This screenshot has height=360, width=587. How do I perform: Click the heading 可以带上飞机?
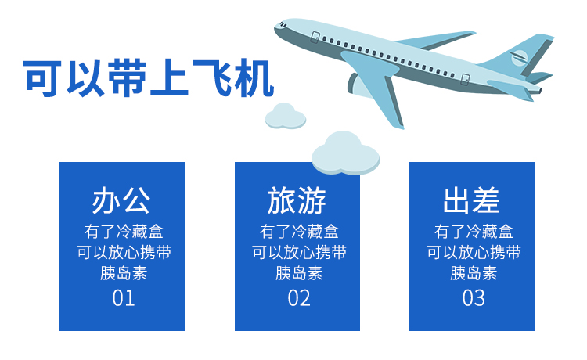coord(149,77)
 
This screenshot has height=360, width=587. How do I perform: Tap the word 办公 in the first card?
coord(121,200)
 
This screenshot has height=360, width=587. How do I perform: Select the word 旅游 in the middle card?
coord(297,200)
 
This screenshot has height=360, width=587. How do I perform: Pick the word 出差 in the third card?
coord(471,200)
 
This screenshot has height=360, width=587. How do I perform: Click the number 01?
coord(123,298)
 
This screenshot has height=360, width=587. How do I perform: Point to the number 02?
coord(299,298)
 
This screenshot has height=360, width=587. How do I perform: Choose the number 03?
coord(474,298)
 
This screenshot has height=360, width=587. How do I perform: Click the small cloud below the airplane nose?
coord(285,117)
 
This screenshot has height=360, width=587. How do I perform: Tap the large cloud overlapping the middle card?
coord(345,153)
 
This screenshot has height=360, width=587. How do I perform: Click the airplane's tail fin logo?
coord(519,58)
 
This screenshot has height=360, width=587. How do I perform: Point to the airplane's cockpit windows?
coord(282,25)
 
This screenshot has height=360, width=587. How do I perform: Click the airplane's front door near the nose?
coord(315,37)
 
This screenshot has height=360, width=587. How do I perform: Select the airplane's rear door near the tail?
coord(465,79)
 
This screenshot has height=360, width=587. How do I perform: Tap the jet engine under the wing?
coord(355,85)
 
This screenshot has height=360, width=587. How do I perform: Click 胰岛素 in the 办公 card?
coord(123,273)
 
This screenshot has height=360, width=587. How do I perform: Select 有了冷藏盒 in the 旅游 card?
coord(299,232)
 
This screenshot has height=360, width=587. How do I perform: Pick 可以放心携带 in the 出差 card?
coord(474,252)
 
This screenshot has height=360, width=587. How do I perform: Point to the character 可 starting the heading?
coord(43,78)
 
